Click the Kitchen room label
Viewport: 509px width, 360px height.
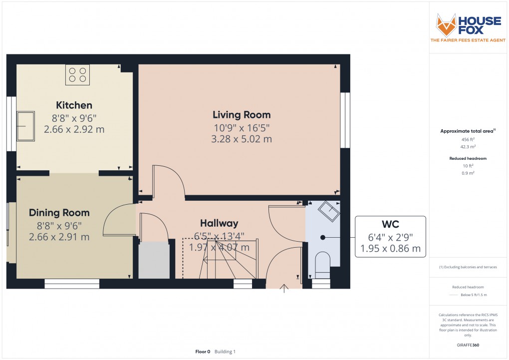point(74,105)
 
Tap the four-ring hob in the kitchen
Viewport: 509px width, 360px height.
point(77,75)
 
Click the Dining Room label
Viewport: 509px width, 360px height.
point(59,213)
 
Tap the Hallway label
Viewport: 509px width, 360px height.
point(219,223)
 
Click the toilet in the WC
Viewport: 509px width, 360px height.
point(323,264)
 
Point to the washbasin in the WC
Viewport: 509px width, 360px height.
point(329,211)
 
